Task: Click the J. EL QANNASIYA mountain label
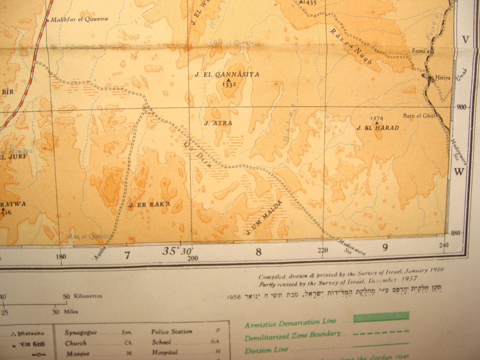227,75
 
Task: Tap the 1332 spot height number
229,85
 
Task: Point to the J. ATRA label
218,123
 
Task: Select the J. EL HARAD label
378,128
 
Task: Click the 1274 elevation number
377,118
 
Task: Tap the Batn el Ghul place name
419,116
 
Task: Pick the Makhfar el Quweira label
79,19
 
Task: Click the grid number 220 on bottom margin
323,251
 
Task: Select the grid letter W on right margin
459,172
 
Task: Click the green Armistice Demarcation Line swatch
381,317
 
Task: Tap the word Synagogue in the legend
81,332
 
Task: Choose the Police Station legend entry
172,331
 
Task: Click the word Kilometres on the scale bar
88,296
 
